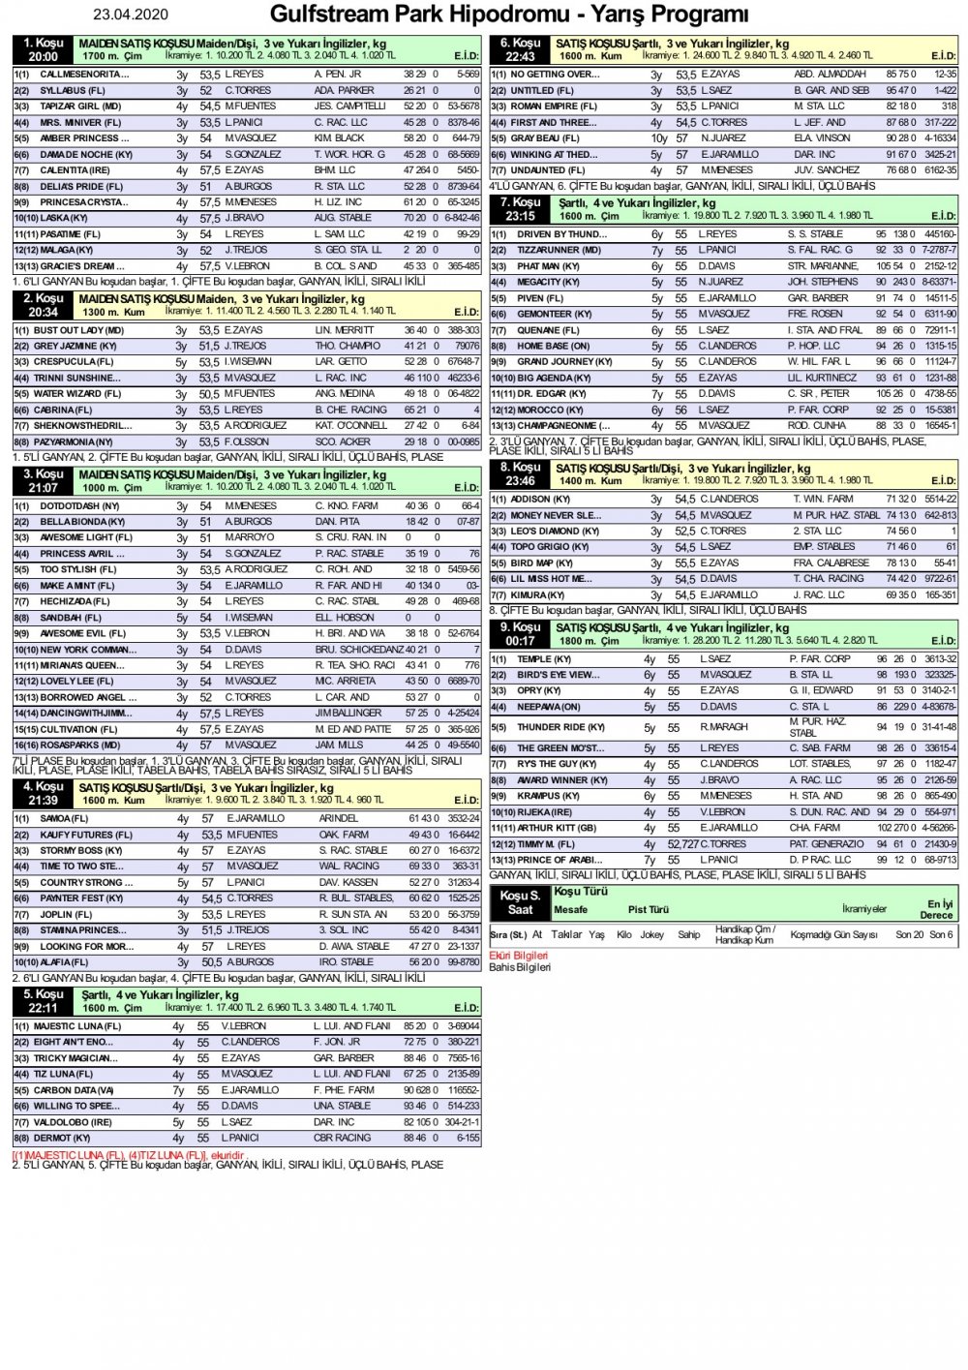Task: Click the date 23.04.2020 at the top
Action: [131, 15]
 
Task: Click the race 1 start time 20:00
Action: [43, 57]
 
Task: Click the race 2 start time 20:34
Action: [43, 313]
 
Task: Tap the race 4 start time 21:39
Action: [43, 801]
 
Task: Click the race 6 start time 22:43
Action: [520, 57]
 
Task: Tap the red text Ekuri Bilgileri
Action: [519, 956]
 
